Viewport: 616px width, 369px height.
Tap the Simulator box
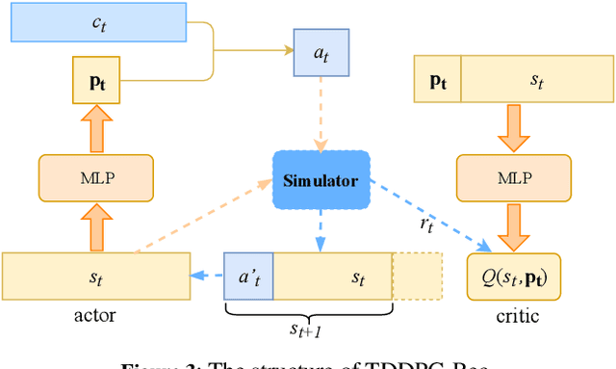tap(321, 180)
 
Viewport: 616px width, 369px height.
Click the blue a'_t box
tap(248, 277)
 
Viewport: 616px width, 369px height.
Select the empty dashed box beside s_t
tap(417, 277)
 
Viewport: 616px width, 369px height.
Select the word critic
tap(518, 317)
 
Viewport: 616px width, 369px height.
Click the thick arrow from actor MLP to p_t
tap(94, 129)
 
